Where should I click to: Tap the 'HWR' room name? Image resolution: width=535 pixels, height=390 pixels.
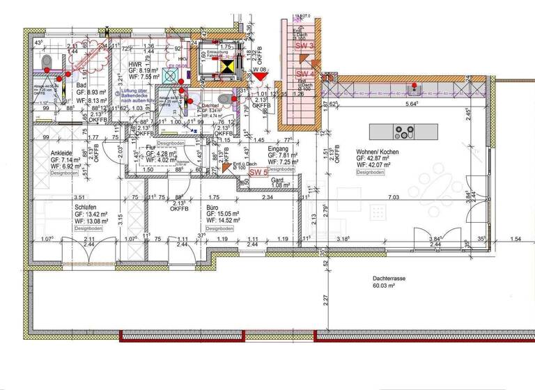tap(136, 63)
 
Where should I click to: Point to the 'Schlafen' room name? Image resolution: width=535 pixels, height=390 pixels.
tap(84, 207)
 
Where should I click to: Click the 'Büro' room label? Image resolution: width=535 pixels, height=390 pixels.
tap(215, 207)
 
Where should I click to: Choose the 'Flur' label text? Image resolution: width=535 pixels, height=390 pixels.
tap(151, 148)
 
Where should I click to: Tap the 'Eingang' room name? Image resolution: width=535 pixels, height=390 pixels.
tap(278, 148)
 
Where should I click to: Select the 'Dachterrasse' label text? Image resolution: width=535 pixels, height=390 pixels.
tap(389, 276)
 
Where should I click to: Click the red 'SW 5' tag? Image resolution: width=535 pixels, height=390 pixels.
tap(259, 172)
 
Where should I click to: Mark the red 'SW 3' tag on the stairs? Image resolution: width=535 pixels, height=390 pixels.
tap(305, 45)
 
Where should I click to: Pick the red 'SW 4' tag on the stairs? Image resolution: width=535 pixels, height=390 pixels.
tap(305, 74)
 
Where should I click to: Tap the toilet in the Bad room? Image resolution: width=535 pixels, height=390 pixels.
tap(47, 64)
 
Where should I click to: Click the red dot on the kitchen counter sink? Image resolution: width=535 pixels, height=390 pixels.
tap(414, 86)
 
